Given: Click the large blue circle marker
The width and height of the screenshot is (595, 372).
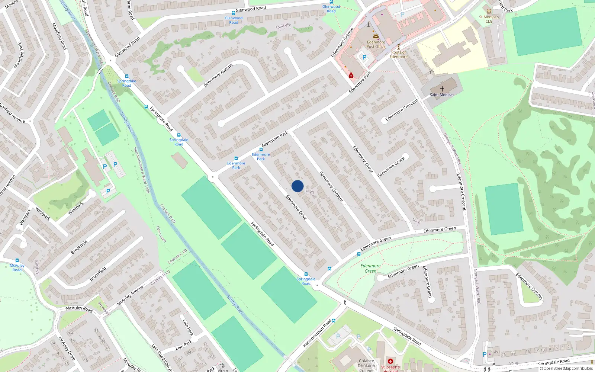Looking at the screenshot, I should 297,186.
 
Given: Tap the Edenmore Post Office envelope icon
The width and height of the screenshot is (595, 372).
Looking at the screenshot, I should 376,36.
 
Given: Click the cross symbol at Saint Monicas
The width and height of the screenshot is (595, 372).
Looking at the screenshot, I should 442,89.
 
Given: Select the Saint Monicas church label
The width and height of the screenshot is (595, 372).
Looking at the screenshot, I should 442,95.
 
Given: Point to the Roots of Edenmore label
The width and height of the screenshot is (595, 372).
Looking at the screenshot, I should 399,55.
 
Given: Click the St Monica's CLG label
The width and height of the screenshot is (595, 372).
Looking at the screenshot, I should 489,19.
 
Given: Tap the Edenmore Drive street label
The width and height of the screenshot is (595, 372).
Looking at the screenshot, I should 296,207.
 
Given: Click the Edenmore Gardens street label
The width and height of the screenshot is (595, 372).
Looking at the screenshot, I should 331,187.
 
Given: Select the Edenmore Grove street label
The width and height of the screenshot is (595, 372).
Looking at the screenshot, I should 363,159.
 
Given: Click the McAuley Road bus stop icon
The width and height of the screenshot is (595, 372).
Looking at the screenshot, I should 17,260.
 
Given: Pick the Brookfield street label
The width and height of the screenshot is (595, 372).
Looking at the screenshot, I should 79,247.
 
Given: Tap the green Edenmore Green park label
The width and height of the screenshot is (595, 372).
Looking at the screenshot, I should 370,268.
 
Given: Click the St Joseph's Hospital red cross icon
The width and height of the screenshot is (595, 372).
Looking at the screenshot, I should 390,361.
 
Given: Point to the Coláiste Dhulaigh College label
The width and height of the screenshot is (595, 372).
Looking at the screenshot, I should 366,365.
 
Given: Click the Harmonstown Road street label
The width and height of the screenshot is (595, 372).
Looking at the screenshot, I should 317,333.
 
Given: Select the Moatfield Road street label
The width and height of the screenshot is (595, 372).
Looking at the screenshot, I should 59,36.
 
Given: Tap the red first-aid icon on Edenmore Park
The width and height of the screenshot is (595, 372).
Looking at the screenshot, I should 351,76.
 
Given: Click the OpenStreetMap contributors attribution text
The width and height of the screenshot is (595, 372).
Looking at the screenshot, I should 566,368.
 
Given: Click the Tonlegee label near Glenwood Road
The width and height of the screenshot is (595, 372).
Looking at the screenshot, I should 283,26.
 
